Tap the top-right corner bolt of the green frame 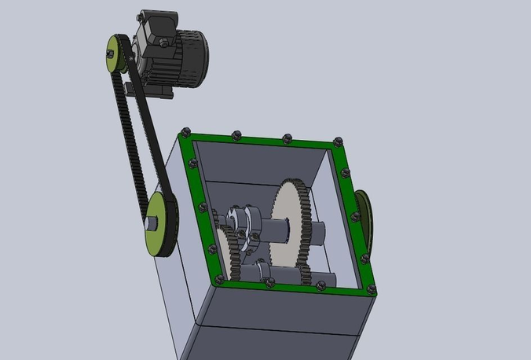pos(339,141)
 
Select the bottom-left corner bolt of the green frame pos(219,278)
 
